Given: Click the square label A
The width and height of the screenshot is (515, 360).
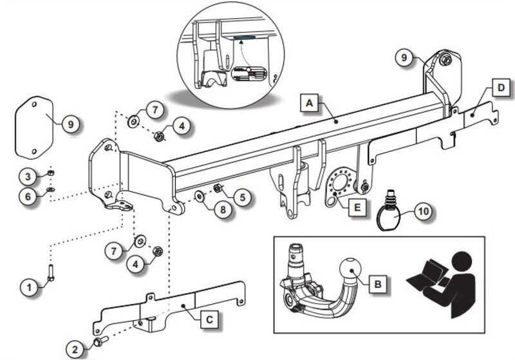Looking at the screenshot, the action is tap(310, 103).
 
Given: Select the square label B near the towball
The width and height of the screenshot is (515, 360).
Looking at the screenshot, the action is tap(378, 283).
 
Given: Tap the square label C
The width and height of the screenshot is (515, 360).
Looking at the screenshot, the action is tap(209, 319).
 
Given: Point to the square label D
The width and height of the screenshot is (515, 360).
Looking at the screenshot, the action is tap(501, 88).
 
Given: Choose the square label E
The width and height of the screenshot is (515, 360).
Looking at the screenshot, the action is tap(357, 207).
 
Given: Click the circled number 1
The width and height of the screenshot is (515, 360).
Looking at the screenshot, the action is tap(30, 287).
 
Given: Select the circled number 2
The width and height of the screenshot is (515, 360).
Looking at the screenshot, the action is tap(75, 349).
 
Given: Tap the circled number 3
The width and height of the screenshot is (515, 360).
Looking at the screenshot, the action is tap(28, 176).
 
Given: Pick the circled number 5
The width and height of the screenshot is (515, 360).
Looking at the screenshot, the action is tap(243, 197).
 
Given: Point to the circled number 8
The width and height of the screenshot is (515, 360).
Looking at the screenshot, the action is tap(223, 209).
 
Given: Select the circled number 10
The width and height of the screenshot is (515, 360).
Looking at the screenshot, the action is tap(423, 211).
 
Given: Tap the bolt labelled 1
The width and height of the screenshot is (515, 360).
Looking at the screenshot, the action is tap(51, 273).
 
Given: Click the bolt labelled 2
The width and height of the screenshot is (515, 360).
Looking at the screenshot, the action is tap(101, 341).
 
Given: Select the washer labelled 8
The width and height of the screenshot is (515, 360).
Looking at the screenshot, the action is tap(200, 196).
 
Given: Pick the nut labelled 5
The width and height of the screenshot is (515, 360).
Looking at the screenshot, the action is tap(217, 189).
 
